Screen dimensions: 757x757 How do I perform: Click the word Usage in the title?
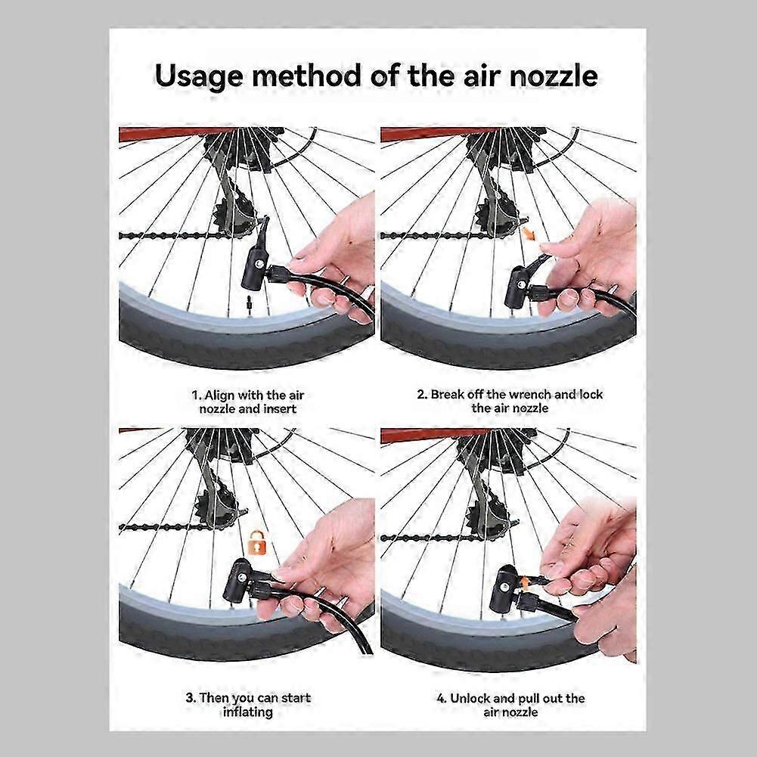[x=199, y=77]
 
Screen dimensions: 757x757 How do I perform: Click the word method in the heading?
[x=306, y=76]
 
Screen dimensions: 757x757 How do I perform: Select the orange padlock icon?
[x=257, y=542]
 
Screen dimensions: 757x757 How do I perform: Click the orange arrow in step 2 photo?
[x=530, y=234]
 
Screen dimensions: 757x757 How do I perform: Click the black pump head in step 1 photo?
[x=256, y=268]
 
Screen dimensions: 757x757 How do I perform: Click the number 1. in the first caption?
[x=196, y=396]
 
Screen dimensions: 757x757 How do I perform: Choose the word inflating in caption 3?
[x=247, y=712]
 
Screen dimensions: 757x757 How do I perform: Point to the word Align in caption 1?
[x=219, y=396]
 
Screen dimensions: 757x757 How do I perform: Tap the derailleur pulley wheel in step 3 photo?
[x=216, y=505]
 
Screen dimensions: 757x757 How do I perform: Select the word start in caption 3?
[x=296, y=698]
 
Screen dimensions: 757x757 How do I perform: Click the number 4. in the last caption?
[x=441, y=698]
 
